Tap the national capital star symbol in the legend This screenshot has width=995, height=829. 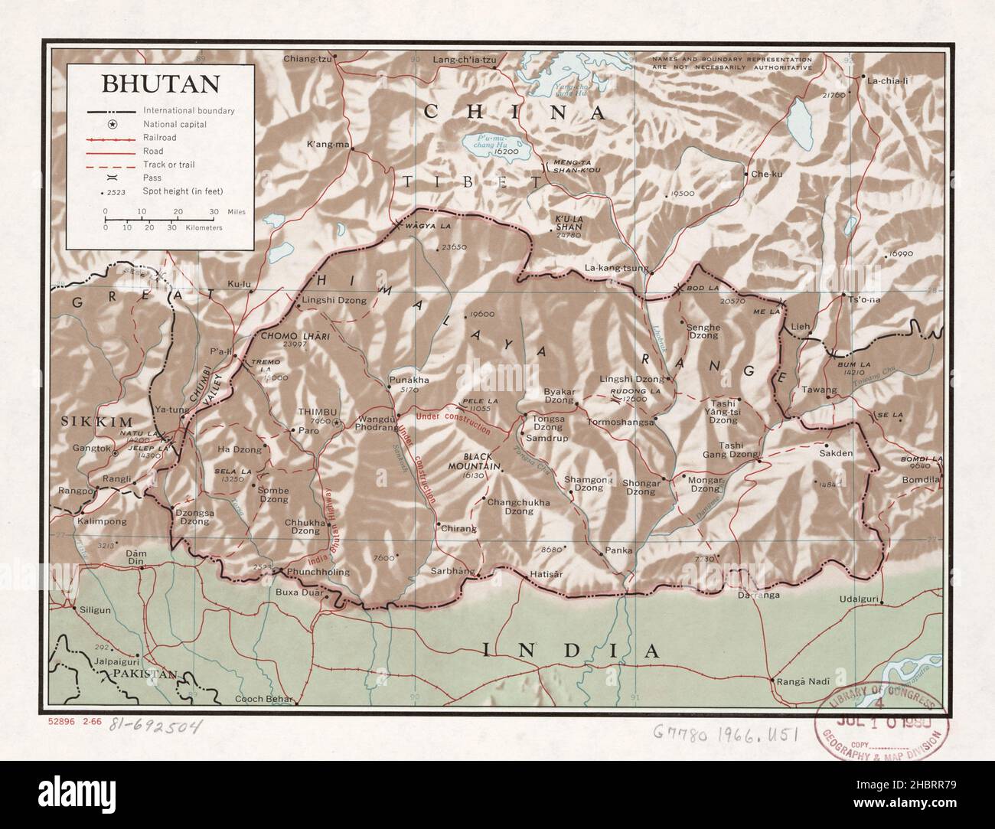(112, 124)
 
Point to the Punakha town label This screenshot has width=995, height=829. (409, 379)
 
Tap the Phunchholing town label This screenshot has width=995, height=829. (317, 572)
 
